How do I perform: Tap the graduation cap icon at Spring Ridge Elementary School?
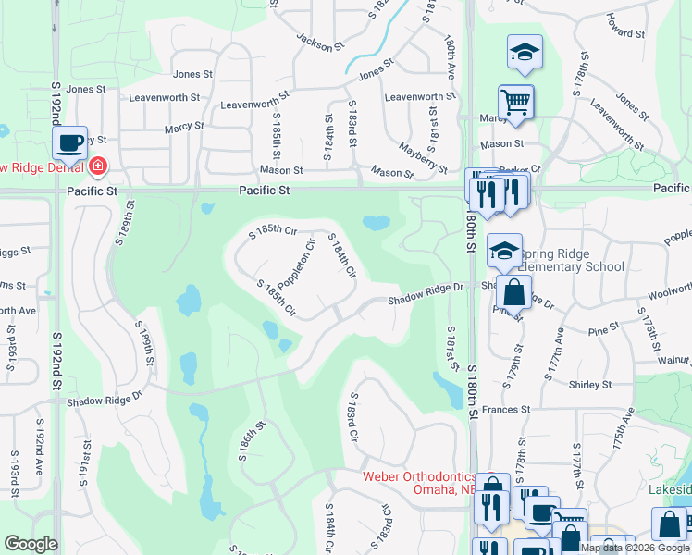point(504,250)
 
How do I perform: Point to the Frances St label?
point(504,408)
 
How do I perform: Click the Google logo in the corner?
point(31,544)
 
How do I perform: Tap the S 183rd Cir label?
point(352,421)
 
